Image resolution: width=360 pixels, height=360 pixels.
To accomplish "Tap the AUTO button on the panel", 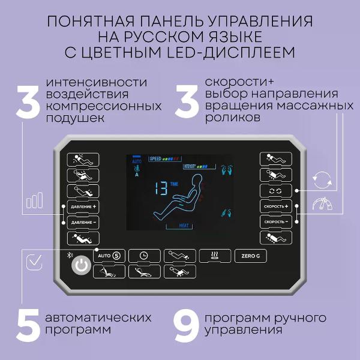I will tap(109, 254).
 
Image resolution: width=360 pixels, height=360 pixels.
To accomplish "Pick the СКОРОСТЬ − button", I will tap(276, 222).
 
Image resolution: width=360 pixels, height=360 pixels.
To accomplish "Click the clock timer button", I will tap(144, 254).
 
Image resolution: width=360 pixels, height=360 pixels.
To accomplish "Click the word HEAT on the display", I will tap(186, 226).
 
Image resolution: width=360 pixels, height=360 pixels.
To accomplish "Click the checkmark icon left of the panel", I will tap(35, 262).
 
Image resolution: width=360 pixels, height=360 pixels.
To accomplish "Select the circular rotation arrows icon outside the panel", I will tap(322, 178).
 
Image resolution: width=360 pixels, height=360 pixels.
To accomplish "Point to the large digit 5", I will tap(28, 324).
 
